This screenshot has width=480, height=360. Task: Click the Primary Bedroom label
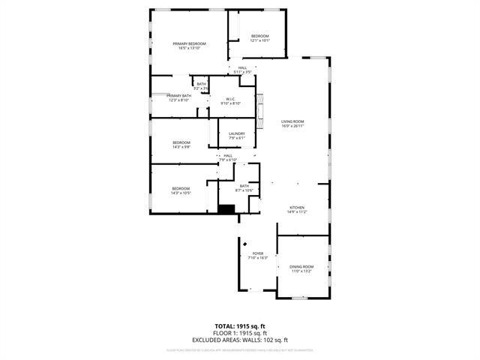(x=189, y=44)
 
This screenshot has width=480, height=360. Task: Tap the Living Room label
(x=292, y=121)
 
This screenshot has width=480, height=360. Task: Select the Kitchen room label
(x=298, y=208)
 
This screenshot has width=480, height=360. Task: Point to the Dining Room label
(x=301, y=267)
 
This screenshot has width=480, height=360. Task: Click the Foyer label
(x=258, y=253)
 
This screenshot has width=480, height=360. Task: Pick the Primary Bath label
(x=178, y=96)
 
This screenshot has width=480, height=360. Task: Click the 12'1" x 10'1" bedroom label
(x=260, y=37)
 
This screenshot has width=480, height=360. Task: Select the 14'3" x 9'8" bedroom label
(x=181, y=142)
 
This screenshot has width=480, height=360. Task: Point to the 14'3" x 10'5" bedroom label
(x=181, y=188)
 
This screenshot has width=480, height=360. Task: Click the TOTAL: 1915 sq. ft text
(x=240, y=326)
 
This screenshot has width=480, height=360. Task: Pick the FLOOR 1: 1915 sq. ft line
(x=240, y=332)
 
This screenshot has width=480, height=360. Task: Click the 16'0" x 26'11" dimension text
(x=292, y=126)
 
